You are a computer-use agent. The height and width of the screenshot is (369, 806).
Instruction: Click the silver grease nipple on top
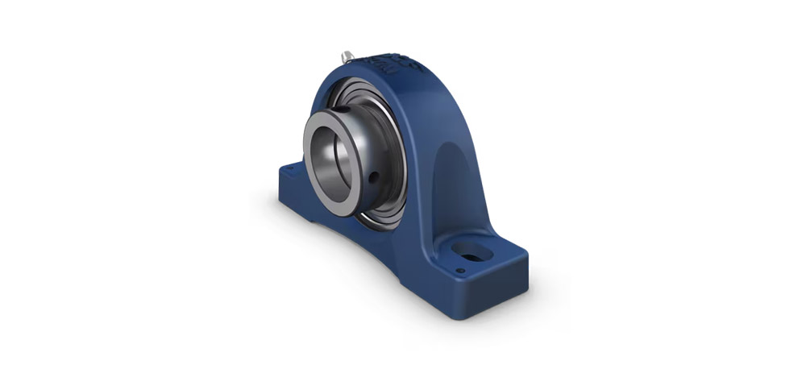347,56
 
